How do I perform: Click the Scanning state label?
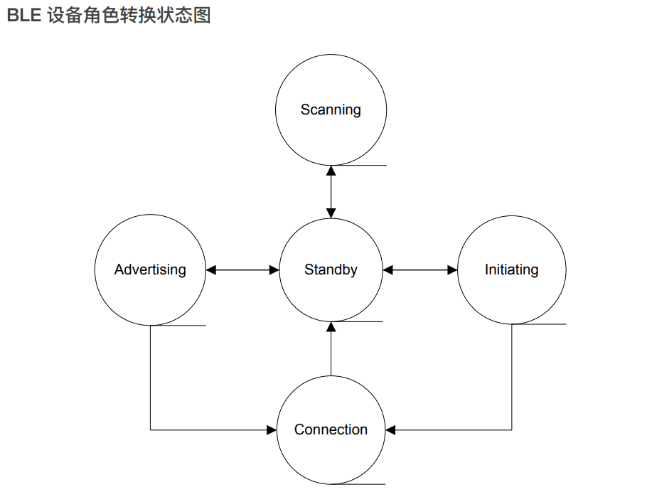click(x=331, y=109)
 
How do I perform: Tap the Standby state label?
click(x=331, y=269)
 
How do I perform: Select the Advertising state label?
click(x=150, y=269)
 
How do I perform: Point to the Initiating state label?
click(x=511, y=269)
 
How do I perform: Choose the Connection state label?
click(x=331, y=429)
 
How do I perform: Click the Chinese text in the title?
click(x=129, y=15)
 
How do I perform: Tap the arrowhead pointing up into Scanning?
click(x=331, y=171)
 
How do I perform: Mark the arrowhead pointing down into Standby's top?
click(x=331, y=213)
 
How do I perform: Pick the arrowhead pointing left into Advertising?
click(x=211, y=270)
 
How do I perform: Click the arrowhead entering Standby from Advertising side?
click(x=274, y=270)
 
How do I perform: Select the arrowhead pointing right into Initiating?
click(x=452, y=270)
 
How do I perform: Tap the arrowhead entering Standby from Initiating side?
click(x=387, y=270)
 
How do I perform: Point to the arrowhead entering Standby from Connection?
click(x=331, y=327)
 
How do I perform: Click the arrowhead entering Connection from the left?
click(x=271, y=430)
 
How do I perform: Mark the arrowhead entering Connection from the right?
click(x=390, y=430)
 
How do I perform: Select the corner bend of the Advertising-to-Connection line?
click(x=150, y=430)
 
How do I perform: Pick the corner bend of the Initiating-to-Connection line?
click(x=512, y=430)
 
